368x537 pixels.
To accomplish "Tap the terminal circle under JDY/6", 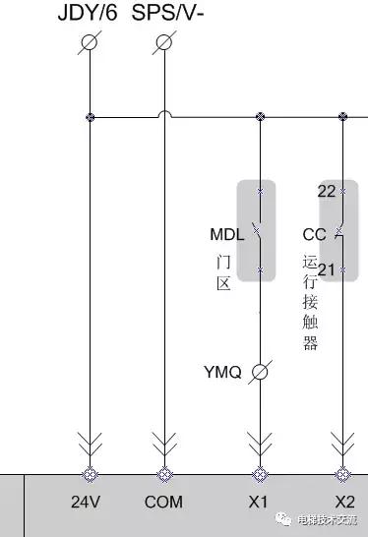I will (91, 42).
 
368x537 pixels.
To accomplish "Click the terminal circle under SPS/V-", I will (164, 42).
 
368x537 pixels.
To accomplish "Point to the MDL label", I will (226, 235).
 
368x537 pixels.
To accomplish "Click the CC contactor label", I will (314, 235).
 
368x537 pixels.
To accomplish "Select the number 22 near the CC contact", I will (327, 191).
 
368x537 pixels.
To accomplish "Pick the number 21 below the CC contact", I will (327, 269).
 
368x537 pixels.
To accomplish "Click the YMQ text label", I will (222, 372).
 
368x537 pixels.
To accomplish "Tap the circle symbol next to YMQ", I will (260, 372).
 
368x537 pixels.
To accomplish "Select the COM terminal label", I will (163, 502).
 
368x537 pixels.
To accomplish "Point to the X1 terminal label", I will (258, 502).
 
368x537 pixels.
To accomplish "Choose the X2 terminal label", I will (344, 502).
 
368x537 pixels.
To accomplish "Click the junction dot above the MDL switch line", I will (260, 117).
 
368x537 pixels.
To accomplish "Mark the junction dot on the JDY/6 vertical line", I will (91, 117).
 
